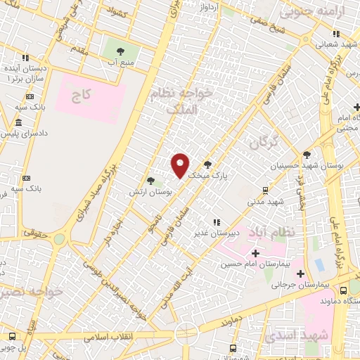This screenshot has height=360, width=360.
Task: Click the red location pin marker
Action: [x=181, y=165]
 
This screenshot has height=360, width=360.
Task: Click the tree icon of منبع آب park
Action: [x=119, y=51]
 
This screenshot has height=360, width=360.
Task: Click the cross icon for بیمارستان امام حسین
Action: [x=255, y=252]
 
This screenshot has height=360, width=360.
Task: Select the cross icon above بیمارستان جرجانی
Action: [x=300, y=274]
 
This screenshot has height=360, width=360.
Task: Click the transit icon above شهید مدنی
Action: [x=265, y=189]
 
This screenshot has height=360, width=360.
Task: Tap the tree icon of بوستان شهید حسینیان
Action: [x=306, y=155]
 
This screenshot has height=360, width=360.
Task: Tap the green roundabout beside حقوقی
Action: [x=58, y=239]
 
